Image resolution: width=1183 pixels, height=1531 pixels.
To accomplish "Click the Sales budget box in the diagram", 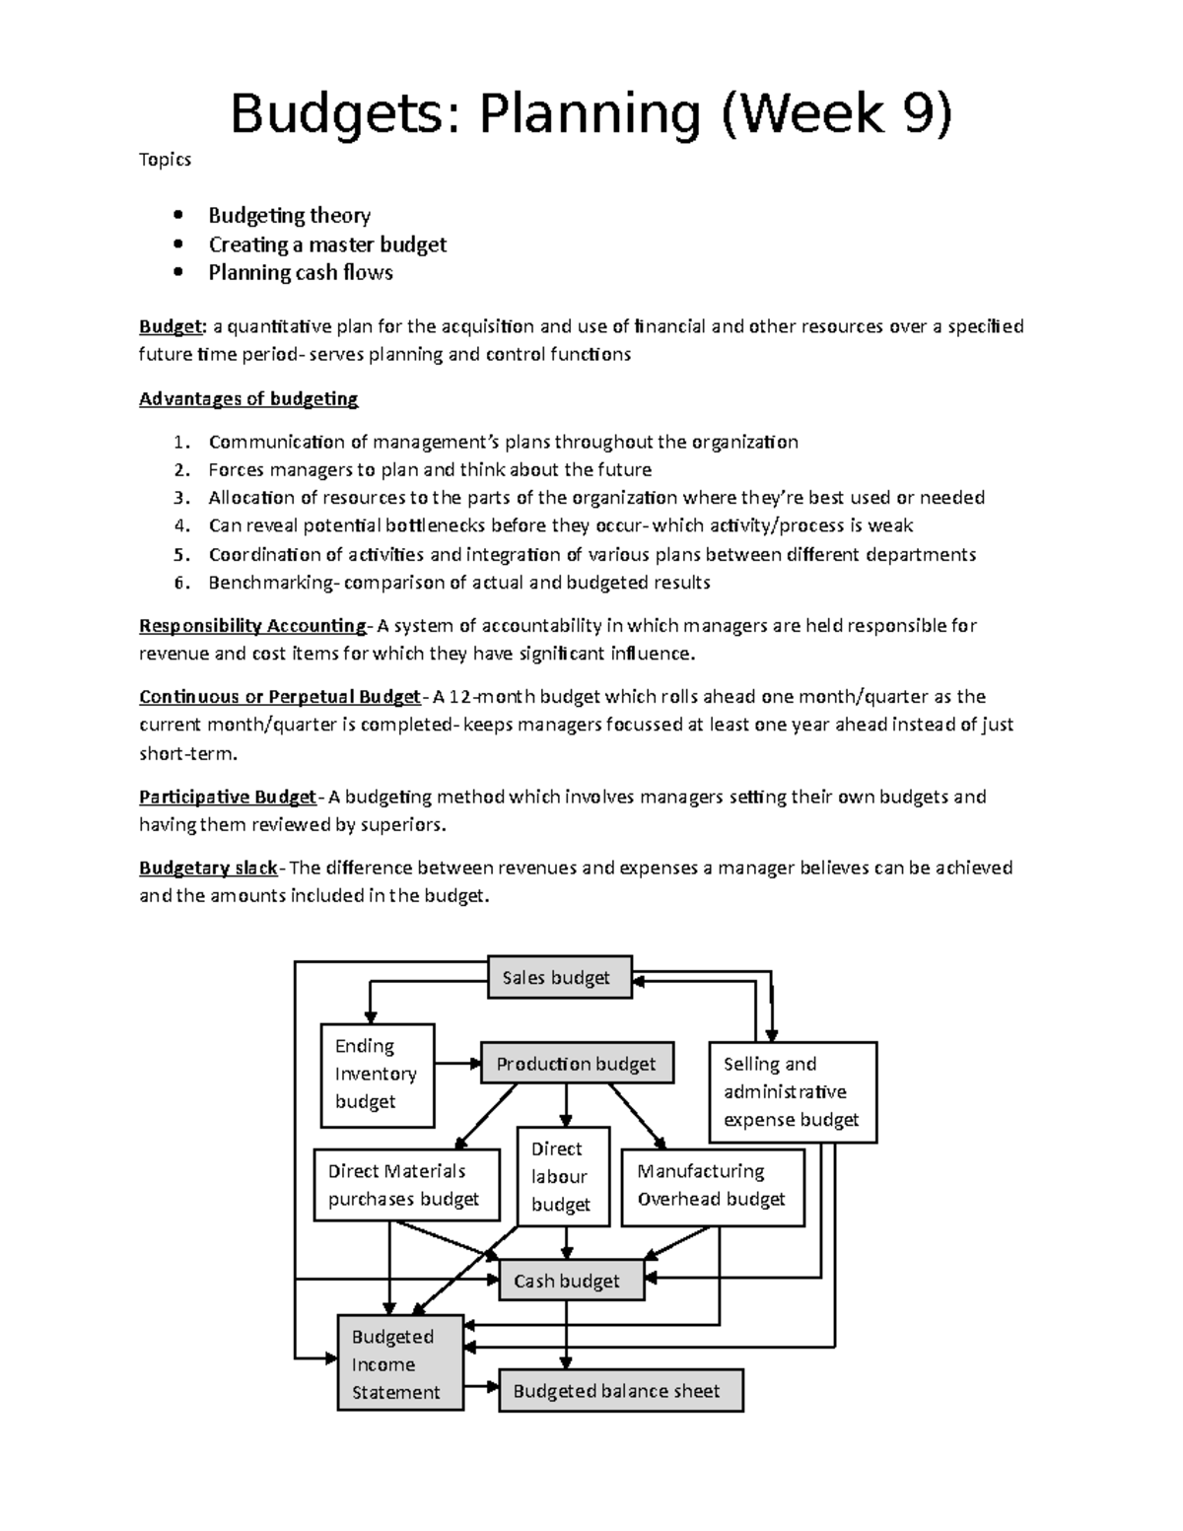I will [560, 978].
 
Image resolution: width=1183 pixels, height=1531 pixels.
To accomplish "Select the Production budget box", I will [578, 1064].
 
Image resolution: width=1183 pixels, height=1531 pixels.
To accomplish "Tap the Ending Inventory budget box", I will [378, 1075].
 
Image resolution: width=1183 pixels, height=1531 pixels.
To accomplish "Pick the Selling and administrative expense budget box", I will [793, 1092].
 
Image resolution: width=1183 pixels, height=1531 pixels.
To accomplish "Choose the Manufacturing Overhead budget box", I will [713, 1186].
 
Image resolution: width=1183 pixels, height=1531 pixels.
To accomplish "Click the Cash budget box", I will [571, 1281].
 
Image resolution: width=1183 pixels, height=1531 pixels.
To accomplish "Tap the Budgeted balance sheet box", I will [620, 1391].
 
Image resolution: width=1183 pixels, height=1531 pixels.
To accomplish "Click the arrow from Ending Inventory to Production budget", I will [457, 1063].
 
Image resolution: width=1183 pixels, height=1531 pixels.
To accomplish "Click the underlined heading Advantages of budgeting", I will [248, 399].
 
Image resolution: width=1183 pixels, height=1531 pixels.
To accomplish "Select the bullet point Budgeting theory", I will [289, 216].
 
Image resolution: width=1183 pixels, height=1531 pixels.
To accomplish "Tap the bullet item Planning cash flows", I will [301, 273].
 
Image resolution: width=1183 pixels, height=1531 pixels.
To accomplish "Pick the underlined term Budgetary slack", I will [209, 869].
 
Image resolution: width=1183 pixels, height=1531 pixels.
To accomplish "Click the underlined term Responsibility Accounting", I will [252, 626].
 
